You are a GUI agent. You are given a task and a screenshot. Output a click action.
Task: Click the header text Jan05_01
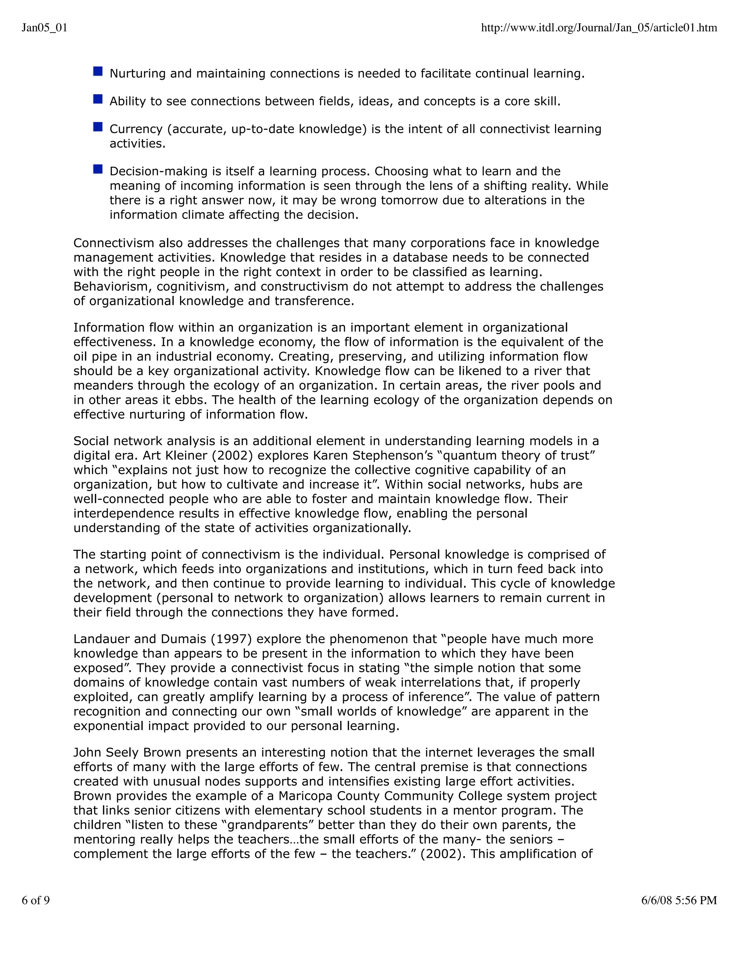tap(44, 28)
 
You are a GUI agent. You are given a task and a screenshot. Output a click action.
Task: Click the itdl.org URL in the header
tap(599, 28)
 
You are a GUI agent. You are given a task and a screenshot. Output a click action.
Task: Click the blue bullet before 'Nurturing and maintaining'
tap(98, 71)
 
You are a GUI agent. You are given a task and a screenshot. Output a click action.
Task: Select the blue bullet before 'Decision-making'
tap(98, 169)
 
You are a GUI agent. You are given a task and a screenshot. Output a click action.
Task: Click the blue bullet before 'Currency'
tap(98, 127)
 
